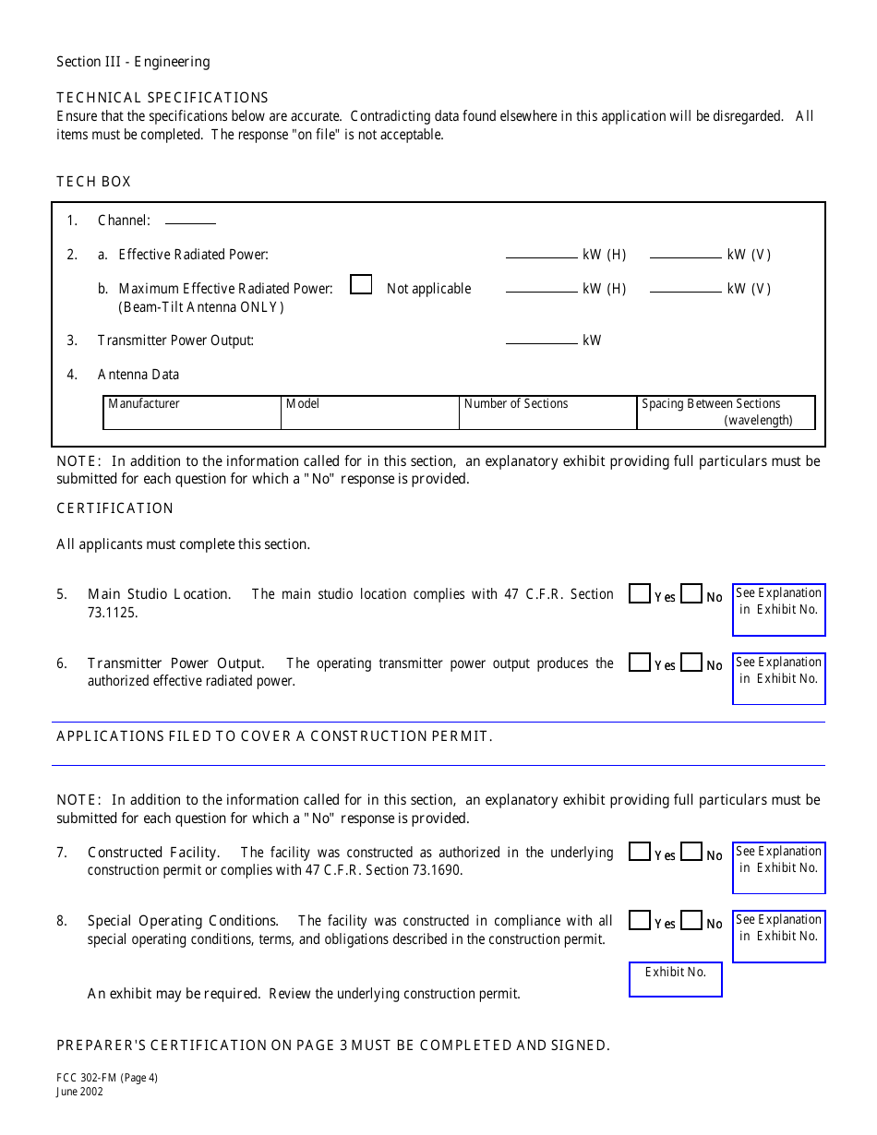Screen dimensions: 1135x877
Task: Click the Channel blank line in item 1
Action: [190, 221]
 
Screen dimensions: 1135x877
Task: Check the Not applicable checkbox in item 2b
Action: [361, 285]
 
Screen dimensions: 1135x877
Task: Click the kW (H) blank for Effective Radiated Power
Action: [541, 254]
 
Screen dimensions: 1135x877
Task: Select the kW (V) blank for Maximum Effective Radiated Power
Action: [685, 288]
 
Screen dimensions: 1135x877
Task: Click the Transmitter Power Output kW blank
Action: [541, 340]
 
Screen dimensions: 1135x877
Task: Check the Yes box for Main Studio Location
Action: [639, 594]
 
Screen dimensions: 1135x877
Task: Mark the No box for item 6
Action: [691, 663]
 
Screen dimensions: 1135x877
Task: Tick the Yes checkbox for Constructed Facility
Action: [639, 852]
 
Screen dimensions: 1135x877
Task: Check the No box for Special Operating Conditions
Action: [691, 920]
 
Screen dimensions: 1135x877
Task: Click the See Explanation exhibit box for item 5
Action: [778, 610]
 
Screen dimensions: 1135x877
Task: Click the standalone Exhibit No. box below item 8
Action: [675, 980]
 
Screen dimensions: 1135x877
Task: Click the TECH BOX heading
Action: [93, 182]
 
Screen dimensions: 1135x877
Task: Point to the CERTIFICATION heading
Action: [114, 508]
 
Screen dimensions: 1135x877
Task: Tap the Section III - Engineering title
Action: [133, 62]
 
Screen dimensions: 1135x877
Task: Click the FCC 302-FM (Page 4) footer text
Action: [107, 1078]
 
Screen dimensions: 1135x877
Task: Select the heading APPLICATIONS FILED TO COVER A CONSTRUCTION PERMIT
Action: [274, 736]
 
